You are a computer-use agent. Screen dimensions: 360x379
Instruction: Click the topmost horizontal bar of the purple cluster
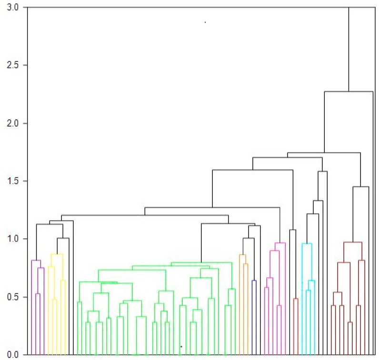pyautogui.click(x=36, y=260)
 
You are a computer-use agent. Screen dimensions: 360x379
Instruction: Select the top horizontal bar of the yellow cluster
pyautogui.click(x=57, y=254)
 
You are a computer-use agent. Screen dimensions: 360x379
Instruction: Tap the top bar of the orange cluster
pyautogui.click(x=242, y=255)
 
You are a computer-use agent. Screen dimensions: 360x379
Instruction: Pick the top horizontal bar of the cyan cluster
pyautogui.click(x=307, y=243)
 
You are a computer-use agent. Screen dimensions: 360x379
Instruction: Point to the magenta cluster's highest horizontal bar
pyautogui.click(x=280, y=243)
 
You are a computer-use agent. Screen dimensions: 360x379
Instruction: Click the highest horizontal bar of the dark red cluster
pyautogui.click(x=353, y=242)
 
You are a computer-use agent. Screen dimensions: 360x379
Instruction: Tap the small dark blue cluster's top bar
pyautogui.click(x=254, y=281)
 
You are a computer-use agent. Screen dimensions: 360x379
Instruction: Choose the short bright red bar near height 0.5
pyautogui.click(x=296, y=299)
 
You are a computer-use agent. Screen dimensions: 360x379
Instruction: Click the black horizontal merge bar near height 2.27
pyautogui.click(x=349, y=91)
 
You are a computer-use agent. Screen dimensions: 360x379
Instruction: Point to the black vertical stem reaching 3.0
pyautogui.click(x=349, y=48)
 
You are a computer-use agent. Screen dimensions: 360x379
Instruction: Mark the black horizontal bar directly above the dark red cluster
pyautogui.click(x=360, y=187)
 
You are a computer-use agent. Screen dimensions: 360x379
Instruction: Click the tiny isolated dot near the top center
pyautogui.click(x=205, y=22)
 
